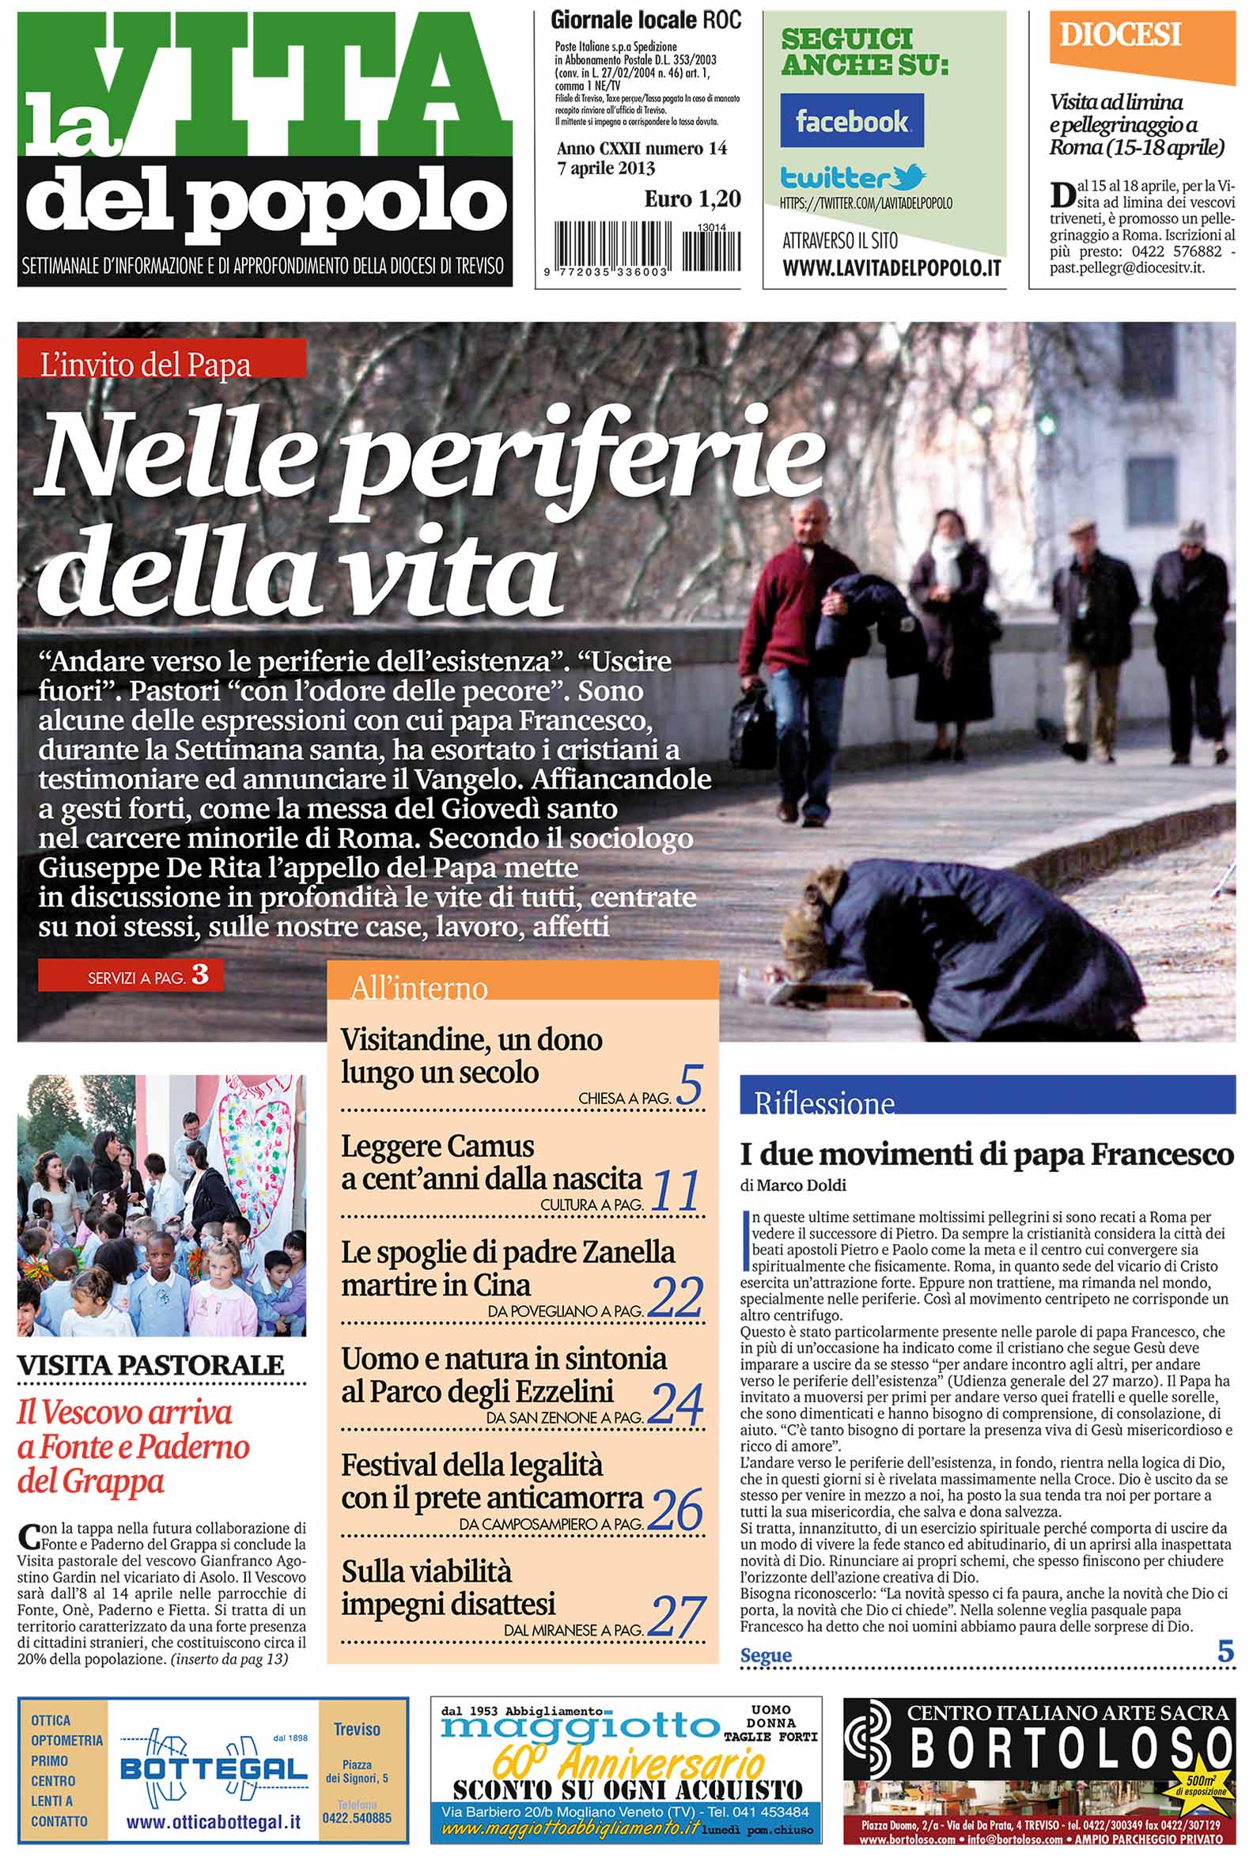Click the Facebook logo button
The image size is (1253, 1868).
851,121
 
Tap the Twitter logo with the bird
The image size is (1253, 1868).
853,176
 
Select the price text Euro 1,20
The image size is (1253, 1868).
692,199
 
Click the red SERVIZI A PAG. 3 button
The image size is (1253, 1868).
131,976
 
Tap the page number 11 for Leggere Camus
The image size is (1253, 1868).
676,1190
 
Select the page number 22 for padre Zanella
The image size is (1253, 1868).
676,1297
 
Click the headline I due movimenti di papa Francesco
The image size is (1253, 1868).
987,1155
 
